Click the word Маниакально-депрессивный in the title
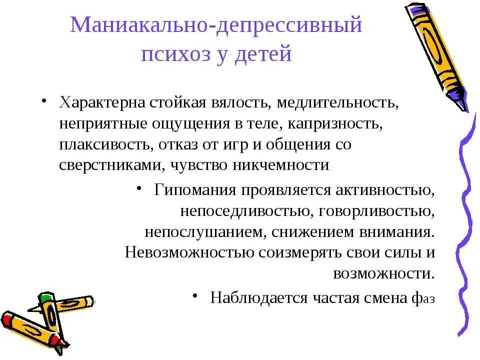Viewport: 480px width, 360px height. (x=216, y=25)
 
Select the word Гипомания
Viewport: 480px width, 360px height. (x=194, y=190)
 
